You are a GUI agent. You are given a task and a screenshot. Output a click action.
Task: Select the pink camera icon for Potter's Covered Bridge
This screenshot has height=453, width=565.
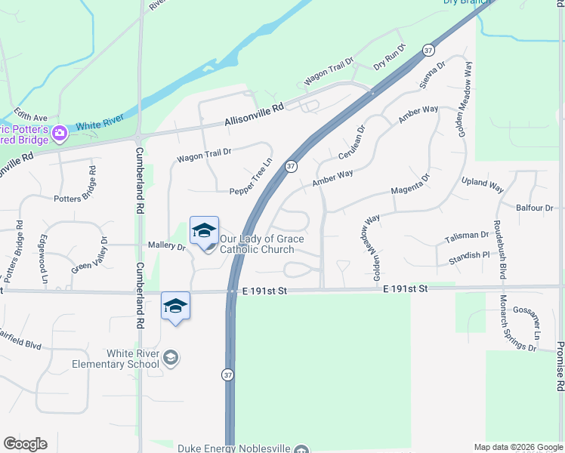click(60, 134)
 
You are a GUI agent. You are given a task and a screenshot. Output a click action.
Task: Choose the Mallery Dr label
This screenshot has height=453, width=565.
click(167, 246)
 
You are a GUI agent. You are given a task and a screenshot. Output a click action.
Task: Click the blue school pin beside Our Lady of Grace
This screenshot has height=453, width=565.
click(204, 231)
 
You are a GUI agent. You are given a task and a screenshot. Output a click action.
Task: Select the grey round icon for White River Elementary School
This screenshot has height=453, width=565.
click(171, 358)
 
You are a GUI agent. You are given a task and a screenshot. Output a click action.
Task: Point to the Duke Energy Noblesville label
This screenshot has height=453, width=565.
click(233, 448)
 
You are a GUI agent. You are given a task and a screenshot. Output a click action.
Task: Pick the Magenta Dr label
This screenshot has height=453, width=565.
click(410, 184)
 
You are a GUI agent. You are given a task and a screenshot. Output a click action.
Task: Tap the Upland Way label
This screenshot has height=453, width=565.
click(483, 183)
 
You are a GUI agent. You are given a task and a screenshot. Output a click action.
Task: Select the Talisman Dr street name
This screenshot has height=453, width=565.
click(468, 236)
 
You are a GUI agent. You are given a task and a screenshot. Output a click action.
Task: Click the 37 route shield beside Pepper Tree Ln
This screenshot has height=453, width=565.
click(290, 165)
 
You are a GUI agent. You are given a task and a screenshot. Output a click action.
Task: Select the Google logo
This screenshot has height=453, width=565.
click(25, 444)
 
